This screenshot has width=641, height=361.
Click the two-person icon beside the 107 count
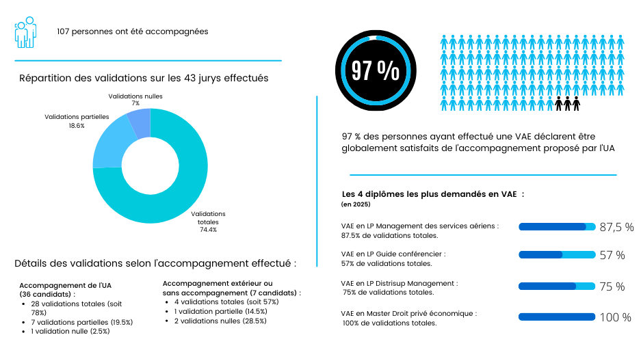pos(25,32)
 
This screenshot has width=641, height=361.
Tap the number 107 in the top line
pos(66,31)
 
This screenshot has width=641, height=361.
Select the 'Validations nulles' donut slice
pos(140,123)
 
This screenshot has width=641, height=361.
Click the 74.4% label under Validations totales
pos(208,230)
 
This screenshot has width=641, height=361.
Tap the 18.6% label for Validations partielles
pos(77,126)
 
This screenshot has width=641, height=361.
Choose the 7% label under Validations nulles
pos(135,104)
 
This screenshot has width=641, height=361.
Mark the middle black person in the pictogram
pos(568,103)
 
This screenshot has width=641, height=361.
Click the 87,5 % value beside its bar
pos(616,227)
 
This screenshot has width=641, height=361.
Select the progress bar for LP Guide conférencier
pos(557,255)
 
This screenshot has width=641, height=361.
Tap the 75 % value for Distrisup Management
pos(612,286)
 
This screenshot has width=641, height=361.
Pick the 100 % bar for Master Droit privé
pos(557,317)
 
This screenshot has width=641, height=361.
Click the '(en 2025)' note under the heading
pos(356,204)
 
